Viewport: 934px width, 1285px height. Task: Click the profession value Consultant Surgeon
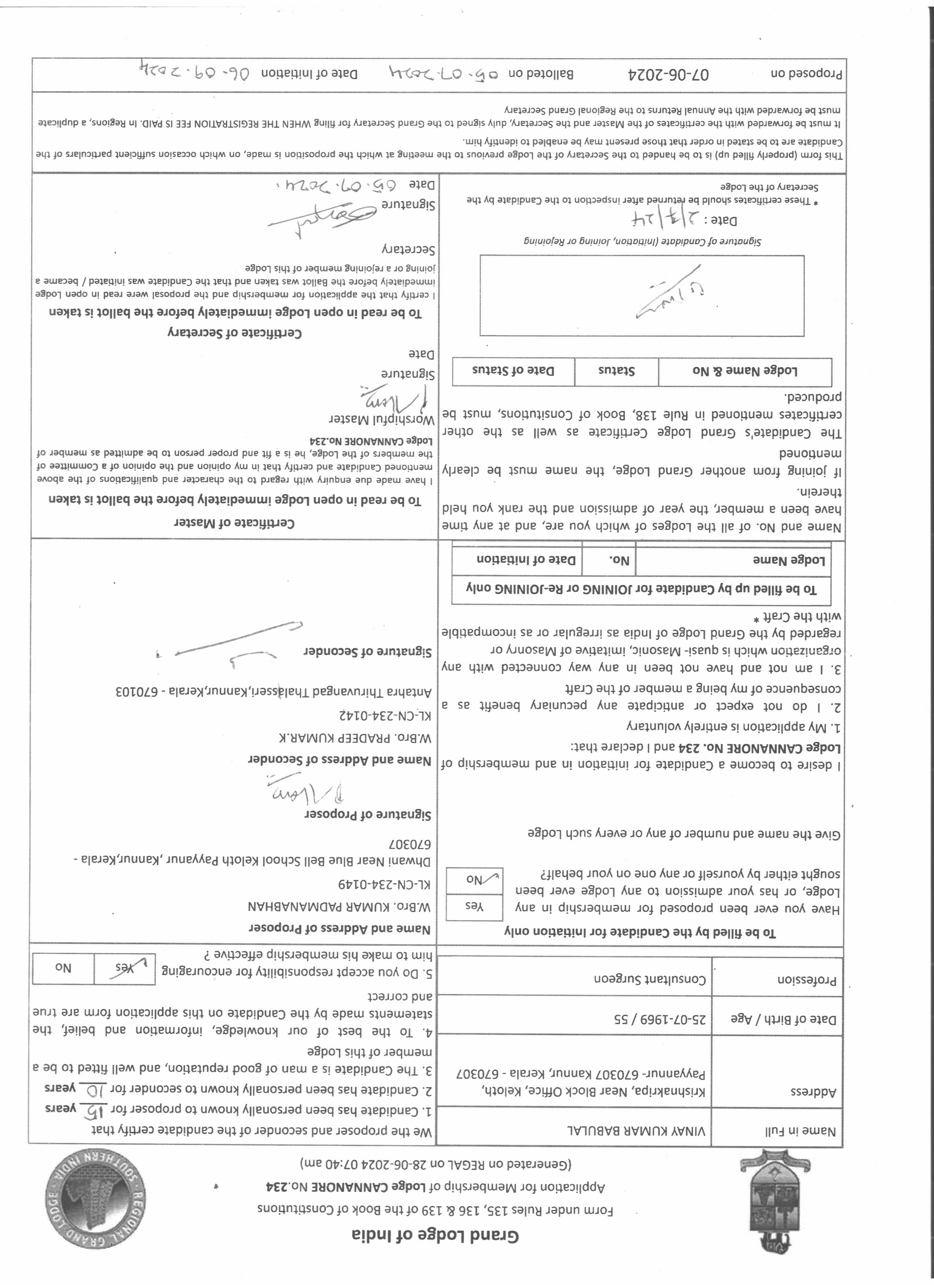point(650,979)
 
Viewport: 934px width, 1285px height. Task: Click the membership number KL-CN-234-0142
point(385,715)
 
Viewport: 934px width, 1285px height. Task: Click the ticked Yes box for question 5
point(123,968)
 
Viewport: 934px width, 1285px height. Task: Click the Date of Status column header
point(513,371)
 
